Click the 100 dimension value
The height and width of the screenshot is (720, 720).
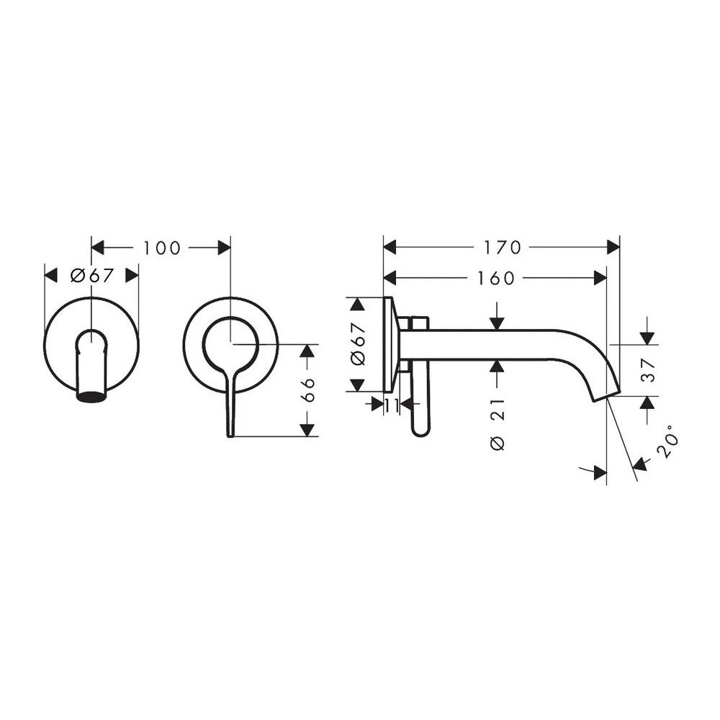[162, 248]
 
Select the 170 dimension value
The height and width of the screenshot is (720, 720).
[503, 248]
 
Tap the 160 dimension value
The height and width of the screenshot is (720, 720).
[496, 278]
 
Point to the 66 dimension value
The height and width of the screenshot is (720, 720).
[309, 390]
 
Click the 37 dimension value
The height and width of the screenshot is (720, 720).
[648, 370]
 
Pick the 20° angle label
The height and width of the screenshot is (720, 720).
[667, 441]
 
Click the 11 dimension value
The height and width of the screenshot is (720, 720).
[391, 405]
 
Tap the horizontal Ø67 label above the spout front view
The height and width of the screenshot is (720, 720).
[92, 276]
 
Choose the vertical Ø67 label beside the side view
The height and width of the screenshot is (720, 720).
[358, 344]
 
